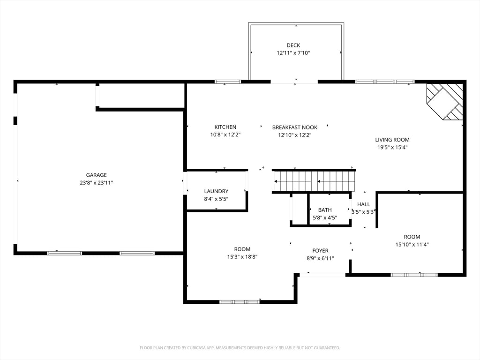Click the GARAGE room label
click(x=96, y=175)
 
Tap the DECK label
click(x=293, y=45)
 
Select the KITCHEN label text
click(x=225, y=127)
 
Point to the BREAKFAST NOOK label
click(x=295, y=127)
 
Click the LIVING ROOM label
click(x=392, y=140)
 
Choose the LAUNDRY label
click(x=217, y=191)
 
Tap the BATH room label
click(x=325, y=210)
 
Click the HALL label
click(x=364, y=204)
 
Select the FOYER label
click(x=321, y=251)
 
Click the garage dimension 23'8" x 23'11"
click(x=96, y=183)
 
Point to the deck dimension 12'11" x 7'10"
click(x=293, y=53)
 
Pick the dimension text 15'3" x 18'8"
click(x=242, y=257)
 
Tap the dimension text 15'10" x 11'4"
click(x=412, y=245)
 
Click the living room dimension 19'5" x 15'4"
click(x=392, y=148)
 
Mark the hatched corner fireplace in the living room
click(x=445, y=101)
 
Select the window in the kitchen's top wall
click(x=228, y=82)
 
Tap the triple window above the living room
click(x=385, y=82)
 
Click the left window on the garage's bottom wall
click(x=65, y=253)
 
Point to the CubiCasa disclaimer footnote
click(x=240, y=348)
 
